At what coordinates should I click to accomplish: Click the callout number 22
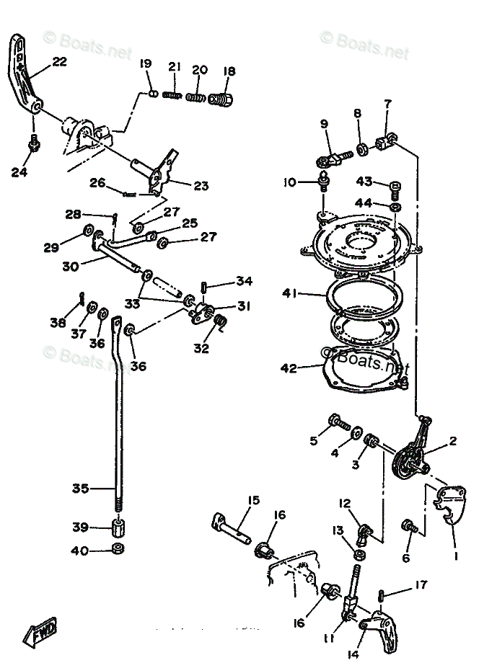[59, 62]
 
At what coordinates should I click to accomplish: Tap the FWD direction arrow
[43, 631]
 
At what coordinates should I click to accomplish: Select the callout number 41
[290, 293]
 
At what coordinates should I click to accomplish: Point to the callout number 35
[80, 488]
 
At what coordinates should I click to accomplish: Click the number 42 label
[289, 368]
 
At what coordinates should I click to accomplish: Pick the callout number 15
[253, 500]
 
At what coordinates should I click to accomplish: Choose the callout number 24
[19, 172]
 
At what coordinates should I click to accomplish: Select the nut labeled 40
[118, 550]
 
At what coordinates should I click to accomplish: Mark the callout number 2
[452, 442]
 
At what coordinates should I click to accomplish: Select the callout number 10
[289, 182]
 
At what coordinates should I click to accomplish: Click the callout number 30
[70, 266]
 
